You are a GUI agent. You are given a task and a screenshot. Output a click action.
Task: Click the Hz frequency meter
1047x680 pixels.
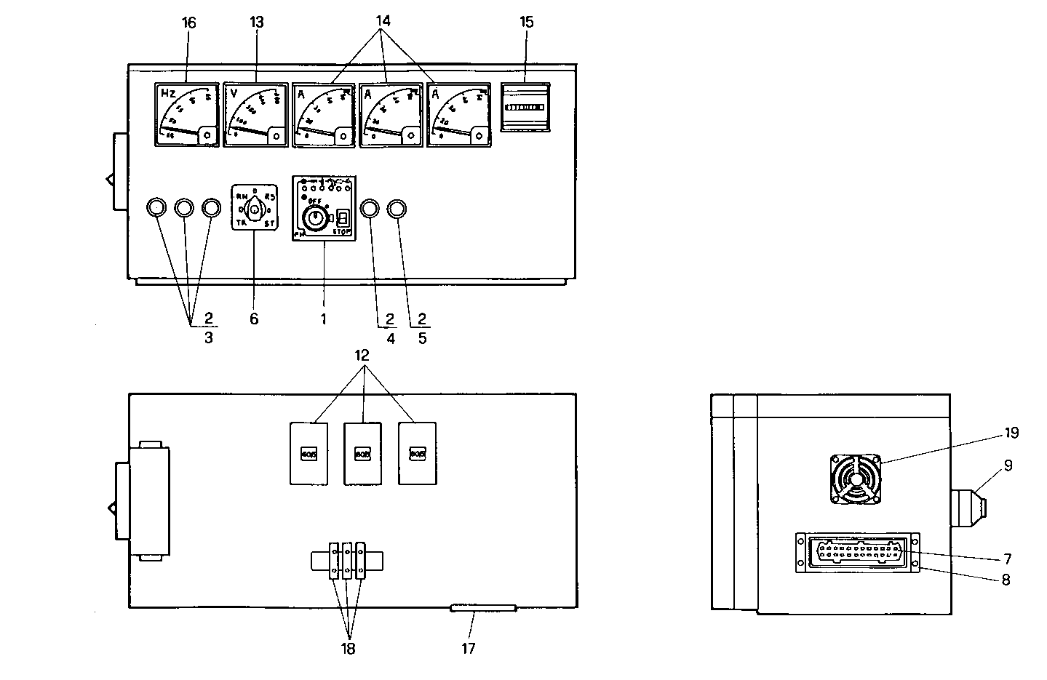pos(187,115)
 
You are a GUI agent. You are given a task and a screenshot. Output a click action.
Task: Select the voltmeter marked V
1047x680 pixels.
pos(255,115)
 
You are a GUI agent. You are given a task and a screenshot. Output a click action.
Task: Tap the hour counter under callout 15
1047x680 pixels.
pos(525,107)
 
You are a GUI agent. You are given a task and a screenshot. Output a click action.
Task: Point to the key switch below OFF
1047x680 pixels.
pos(314,216)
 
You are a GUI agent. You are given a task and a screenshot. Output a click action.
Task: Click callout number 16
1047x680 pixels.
pos(188,23)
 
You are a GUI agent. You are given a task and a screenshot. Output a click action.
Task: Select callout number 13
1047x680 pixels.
pos(256,23)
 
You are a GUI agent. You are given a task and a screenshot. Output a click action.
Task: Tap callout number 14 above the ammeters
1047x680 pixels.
pos(383,21)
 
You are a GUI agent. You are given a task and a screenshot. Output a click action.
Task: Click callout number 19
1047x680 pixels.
pos(1011,433)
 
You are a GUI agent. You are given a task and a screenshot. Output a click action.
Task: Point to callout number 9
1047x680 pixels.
pos(1008,465)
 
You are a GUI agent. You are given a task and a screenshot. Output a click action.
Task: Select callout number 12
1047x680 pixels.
pos(362,355)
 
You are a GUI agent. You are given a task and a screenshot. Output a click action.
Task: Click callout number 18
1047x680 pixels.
pos(348,649)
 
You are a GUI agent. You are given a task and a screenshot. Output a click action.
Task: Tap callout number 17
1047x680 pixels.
pos(469,647)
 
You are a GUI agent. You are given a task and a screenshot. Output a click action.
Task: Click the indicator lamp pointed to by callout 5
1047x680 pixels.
pos(397,209)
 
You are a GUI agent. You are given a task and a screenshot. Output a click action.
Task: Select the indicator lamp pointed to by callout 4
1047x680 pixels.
pos(369,209)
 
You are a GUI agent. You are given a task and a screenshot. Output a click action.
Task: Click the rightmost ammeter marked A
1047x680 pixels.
pos(458,115)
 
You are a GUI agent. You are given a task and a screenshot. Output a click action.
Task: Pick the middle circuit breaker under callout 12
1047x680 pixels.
pos(362,453)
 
